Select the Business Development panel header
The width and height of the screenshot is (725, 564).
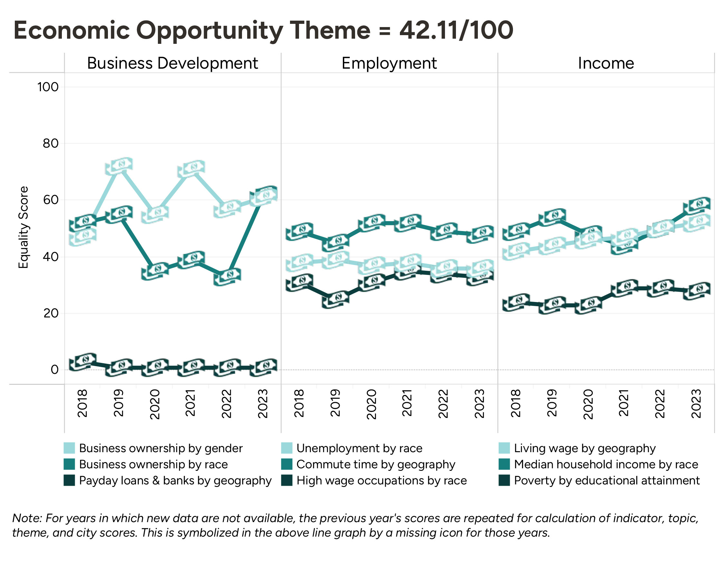click(172, 63)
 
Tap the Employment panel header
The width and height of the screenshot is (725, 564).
click(389, 63)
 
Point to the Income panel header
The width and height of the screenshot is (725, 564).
click(606, 63)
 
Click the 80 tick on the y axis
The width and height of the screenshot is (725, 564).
click(51, 143)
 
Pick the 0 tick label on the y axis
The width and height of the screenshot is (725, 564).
click(54, 369)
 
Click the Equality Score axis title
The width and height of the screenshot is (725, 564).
click(23, 228)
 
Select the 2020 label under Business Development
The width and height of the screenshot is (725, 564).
click(155, 404)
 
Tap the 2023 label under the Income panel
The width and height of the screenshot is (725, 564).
click(696, 404)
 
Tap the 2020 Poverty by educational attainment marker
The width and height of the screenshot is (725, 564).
click(589, 305)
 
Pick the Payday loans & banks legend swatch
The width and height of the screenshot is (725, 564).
click(69, 480)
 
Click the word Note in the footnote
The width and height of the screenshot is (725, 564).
click(27, 518)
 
